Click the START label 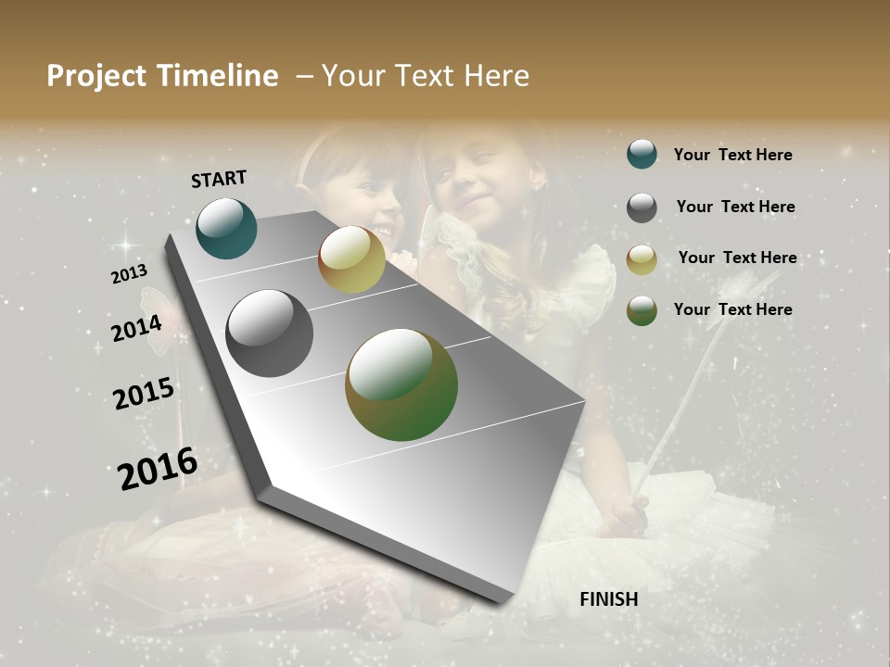point(219,179)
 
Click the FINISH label point(608,599)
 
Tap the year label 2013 point(129,274)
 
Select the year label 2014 point(136,328)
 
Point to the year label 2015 point(144,394)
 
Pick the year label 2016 point(158,468)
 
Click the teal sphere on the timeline point(226,228)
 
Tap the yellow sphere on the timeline point(351,259)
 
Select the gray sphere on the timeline point(269,333)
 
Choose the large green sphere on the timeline point(400,384)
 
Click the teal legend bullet point(642,154)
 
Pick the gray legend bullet point(642,207)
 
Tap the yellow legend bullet point(642,258)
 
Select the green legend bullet point(642,309)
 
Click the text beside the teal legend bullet point(732,155)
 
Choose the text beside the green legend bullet point(732,309)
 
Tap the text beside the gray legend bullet point(735,207)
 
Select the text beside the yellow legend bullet point(737,258)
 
